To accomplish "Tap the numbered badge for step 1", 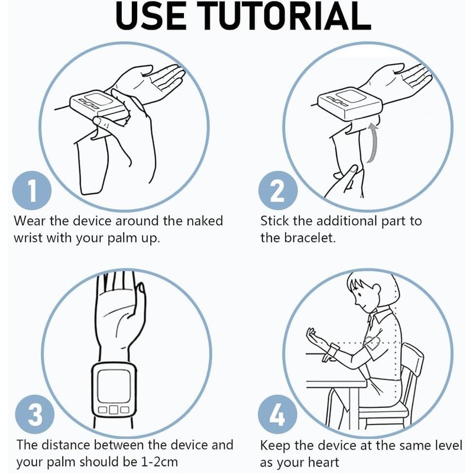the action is [32, 190].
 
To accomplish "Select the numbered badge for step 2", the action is [278, 190].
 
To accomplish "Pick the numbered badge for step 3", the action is [35, 414].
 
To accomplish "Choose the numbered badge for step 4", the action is [277, 414].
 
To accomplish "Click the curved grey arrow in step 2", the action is [373, 143].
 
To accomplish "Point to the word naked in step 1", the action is [205, 221].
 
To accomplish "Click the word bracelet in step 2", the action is [310, 238].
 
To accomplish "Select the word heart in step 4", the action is [323, 462].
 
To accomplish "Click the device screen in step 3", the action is [114, 386].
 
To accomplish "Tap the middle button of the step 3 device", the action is [114, 410].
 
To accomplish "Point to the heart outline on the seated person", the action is [372, 343].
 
